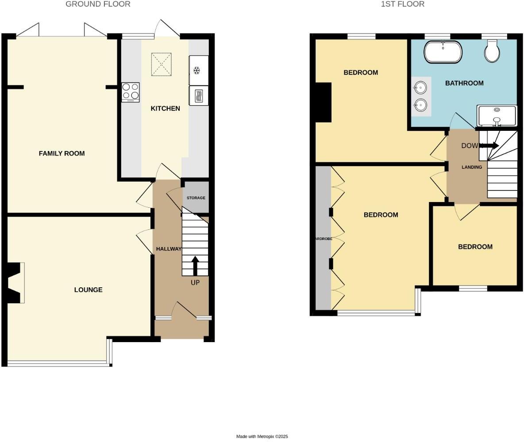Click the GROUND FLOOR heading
pyautogui.click(x=98, y=4)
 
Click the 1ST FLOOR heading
pyautogui.click(x=402, y=4)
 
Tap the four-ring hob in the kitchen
pyautogui.click(x=131, y=92)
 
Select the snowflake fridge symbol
pyautogui.click(x=198, y=70)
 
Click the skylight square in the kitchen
pyautogui.click(x=162, y=64)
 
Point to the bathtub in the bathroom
pyautogui.click(x=443, y=52)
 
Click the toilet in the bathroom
pyautogui.click(x=493, y=51)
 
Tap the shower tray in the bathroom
pyautogui.click(x=497, y=115)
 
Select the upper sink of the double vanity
pyautogui.click(x=420, y=88)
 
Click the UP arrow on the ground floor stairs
pyautogui.click(x=195, y=265)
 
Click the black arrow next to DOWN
pyautogui.click(x=489, y=145)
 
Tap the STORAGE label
pyautogui.click(x=196, y=198)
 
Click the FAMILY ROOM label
pyautogui.click(x=62, y=153)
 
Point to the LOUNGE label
pyautogui.click(x=88, y=290)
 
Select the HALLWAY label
pyautogui.click(x=169, y=249)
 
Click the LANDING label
pyautogui.click(x=472, y=167)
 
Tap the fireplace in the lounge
pyautogui.click(x=15, y=283)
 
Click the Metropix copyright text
pyautogui.click(x=262, y=436)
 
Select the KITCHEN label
pyautogui.click(x=165, y=108)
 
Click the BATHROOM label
pyautogui.click(x=464, y=83)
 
